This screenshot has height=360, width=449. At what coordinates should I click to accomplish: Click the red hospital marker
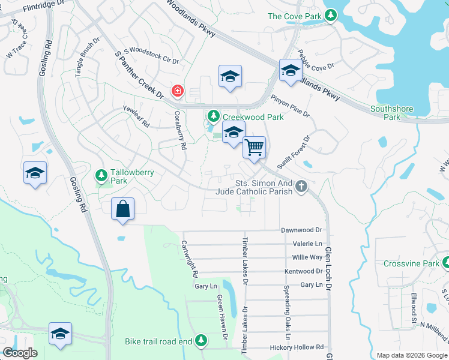tap(177, 91)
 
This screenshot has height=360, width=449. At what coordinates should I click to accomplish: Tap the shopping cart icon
tap(255, 146)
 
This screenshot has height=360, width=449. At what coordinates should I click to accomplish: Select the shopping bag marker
tap(122, 209)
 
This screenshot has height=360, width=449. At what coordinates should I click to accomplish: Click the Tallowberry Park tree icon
tap(101, 175)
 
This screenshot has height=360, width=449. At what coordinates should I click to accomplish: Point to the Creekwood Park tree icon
tap(212, 115)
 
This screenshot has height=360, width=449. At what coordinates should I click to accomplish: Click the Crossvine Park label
tap(411, 263)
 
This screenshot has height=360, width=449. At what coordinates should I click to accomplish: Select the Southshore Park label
tap(391, 113)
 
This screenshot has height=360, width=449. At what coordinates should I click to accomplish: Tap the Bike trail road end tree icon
tap(201, 341)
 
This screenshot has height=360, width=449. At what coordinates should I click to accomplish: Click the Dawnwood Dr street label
tap(302, 230)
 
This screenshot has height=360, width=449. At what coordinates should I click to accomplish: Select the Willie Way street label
tap(307, 257)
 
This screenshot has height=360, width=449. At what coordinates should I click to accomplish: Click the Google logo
tap(20, 353)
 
